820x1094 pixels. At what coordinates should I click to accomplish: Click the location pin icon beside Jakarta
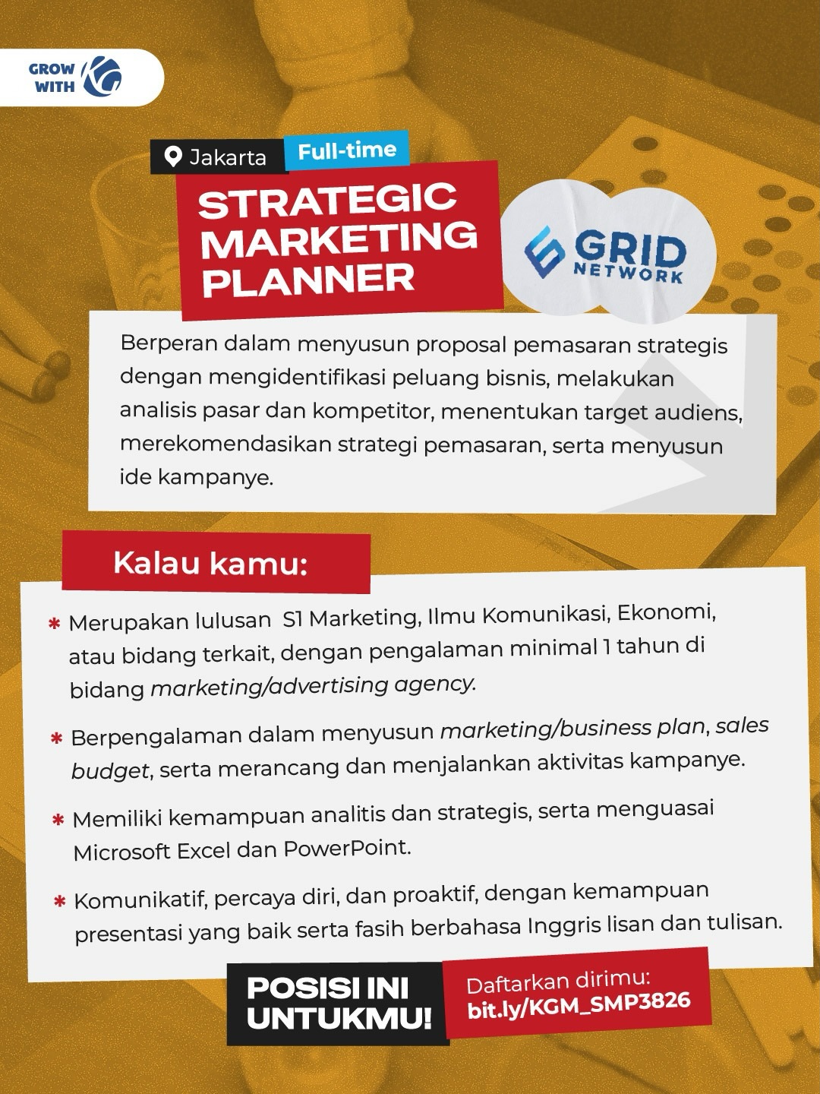173,157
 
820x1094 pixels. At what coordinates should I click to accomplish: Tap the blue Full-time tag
346,150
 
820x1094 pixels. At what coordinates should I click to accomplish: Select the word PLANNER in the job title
309,280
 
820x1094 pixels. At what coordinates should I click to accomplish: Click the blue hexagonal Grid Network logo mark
544,251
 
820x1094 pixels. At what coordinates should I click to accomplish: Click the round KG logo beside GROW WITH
102,76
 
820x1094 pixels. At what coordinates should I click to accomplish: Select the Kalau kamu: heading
210,564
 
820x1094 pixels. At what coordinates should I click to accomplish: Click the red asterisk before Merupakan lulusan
54,624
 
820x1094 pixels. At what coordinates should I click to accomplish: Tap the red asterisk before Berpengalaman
57,738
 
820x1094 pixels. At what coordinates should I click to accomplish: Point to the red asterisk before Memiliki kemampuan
58,820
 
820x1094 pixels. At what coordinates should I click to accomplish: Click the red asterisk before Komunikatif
60,901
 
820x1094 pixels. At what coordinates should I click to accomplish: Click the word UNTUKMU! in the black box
339,1019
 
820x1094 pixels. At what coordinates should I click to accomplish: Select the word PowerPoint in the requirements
346,848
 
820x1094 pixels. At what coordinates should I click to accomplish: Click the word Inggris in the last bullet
564,926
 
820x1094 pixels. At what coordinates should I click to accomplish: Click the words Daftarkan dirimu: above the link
558,981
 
